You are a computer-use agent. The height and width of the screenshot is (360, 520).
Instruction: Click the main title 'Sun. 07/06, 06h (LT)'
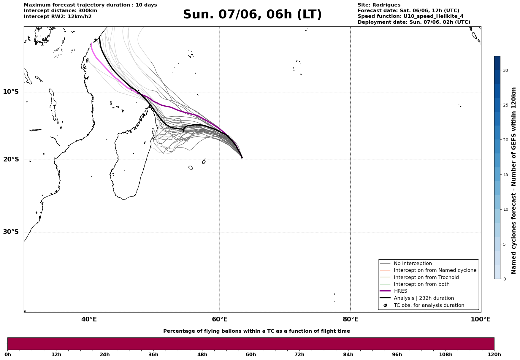point(252,15)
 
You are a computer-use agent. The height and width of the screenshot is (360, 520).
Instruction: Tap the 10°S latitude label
point(11,92)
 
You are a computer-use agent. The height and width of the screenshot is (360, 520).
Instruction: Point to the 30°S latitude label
point(11,232)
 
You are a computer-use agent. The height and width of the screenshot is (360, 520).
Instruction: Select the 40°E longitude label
point(89,319)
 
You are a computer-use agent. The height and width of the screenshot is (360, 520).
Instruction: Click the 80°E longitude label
point(351,319)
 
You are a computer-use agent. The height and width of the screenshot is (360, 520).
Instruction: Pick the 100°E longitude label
point(481,319)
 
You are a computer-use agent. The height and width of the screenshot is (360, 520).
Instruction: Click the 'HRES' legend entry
point(400,291)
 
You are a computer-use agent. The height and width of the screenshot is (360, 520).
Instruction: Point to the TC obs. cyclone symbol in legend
point(385,305)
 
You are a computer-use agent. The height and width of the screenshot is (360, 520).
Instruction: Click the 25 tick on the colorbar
point(505,105)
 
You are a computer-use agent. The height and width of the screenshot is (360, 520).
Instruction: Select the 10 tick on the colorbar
point(505,209)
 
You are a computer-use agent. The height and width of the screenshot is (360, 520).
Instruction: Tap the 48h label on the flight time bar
point(202,354)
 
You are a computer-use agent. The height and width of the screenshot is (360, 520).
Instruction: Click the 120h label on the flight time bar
point(494,354)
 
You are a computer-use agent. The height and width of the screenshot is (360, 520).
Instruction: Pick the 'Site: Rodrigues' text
point(379,5)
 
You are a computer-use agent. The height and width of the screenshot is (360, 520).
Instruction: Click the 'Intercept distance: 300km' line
point(61,11)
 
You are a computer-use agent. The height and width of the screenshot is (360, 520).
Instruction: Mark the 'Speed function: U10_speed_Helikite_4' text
point(410,16)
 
